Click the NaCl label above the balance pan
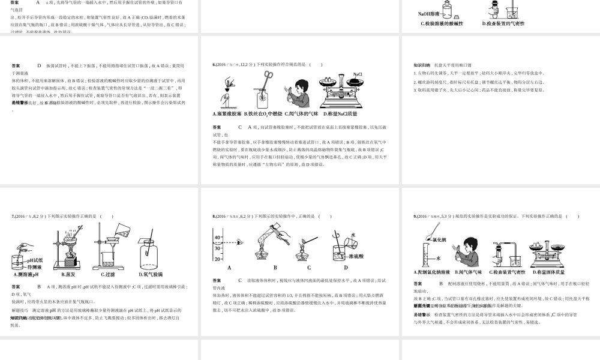(x=358, y=74)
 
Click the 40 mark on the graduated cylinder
(x=217, y=238)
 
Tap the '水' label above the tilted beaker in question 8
(x=353, y=235)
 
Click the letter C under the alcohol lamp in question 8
(x=310, y=268)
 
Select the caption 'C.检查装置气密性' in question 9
(x=505, y=272)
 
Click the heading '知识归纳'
(x=422, y=65)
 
